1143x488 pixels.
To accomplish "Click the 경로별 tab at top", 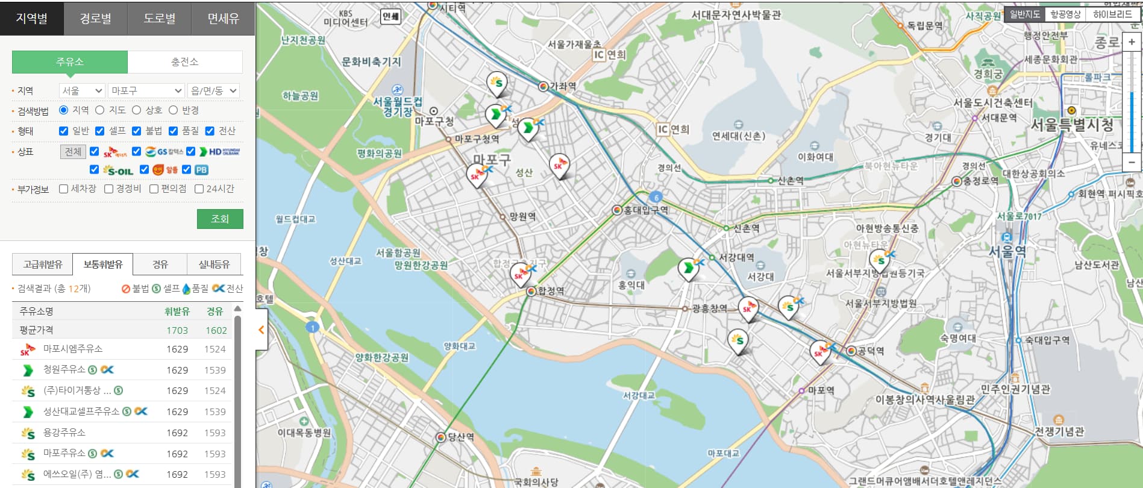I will [95, 19].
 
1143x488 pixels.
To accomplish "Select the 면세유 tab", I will [223, 19].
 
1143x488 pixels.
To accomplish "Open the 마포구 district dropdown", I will [146, 90].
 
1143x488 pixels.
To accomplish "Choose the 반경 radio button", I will [174, 110].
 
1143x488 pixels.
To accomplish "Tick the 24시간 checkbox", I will [199, 189].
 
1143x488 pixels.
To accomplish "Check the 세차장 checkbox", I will [64, 189].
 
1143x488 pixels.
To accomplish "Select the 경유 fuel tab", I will [160, 264].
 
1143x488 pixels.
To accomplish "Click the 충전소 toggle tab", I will [184, 61].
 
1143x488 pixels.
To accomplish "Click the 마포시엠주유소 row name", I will [73, 349].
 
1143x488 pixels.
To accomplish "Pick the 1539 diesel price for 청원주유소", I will [215, 370].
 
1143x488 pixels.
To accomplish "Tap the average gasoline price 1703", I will [177, 330].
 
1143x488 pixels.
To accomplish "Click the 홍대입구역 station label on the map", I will [646, 210].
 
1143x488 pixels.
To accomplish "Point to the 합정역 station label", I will [551, 291].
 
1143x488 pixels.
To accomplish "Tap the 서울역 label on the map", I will [1007, 251].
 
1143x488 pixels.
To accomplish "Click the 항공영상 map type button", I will [1065, 14].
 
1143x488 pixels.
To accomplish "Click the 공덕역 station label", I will [871, 351].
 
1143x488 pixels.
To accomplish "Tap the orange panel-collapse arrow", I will [261, 330].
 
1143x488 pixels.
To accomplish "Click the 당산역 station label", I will [461, 437].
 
